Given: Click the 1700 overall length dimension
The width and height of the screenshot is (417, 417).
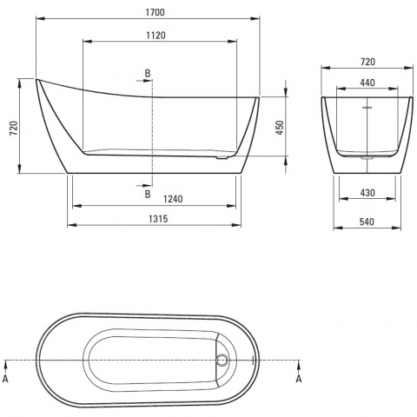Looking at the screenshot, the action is point(155,12).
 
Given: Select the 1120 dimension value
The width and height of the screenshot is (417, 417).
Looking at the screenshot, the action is point(156,36).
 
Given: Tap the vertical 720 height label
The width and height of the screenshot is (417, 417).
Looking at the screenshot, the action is point(14,129).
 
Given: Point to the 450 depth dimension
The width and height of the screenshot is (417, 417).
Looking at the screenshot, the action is point(280,128).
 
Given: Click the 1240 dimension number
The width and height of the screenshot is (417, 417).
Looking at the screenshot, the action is point(173,199).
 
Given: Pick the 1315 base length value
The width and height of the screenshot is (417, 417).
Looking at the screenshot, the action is point(158,219).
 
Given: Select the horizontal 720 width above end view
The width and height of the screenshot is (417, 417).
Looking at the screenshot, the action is point(367,62).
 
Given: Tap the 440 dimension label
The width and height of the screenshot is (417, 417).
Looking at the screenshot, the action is point(367,83).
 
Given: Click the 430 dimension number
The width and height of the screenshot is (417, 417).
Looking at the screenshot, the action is point(367,193).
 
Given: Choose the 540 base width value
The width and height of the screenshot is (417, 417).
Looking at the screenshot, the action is point(367,222).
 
